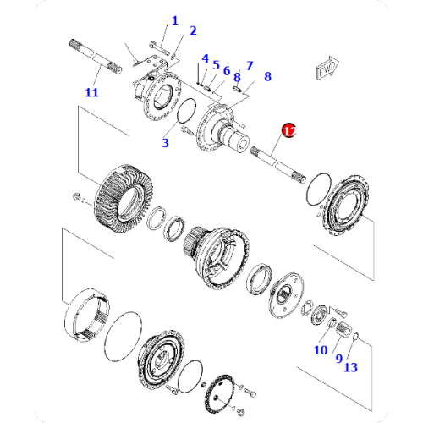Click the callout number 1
[x=175, y=20]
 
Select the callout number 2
[x=193, y=31]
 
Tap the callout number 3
[x=166, y=143]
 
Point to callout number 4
[x=205, y=58]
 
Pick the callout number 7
[x=250, y=65]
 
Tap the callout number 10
[x=321, y=349]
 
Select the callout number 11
[x=91, y=92]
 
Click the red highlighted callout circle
[x=288, y=130]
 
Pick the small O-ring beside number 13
[x=356, y=340]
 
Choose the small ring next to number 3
[x=189, y=111]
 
